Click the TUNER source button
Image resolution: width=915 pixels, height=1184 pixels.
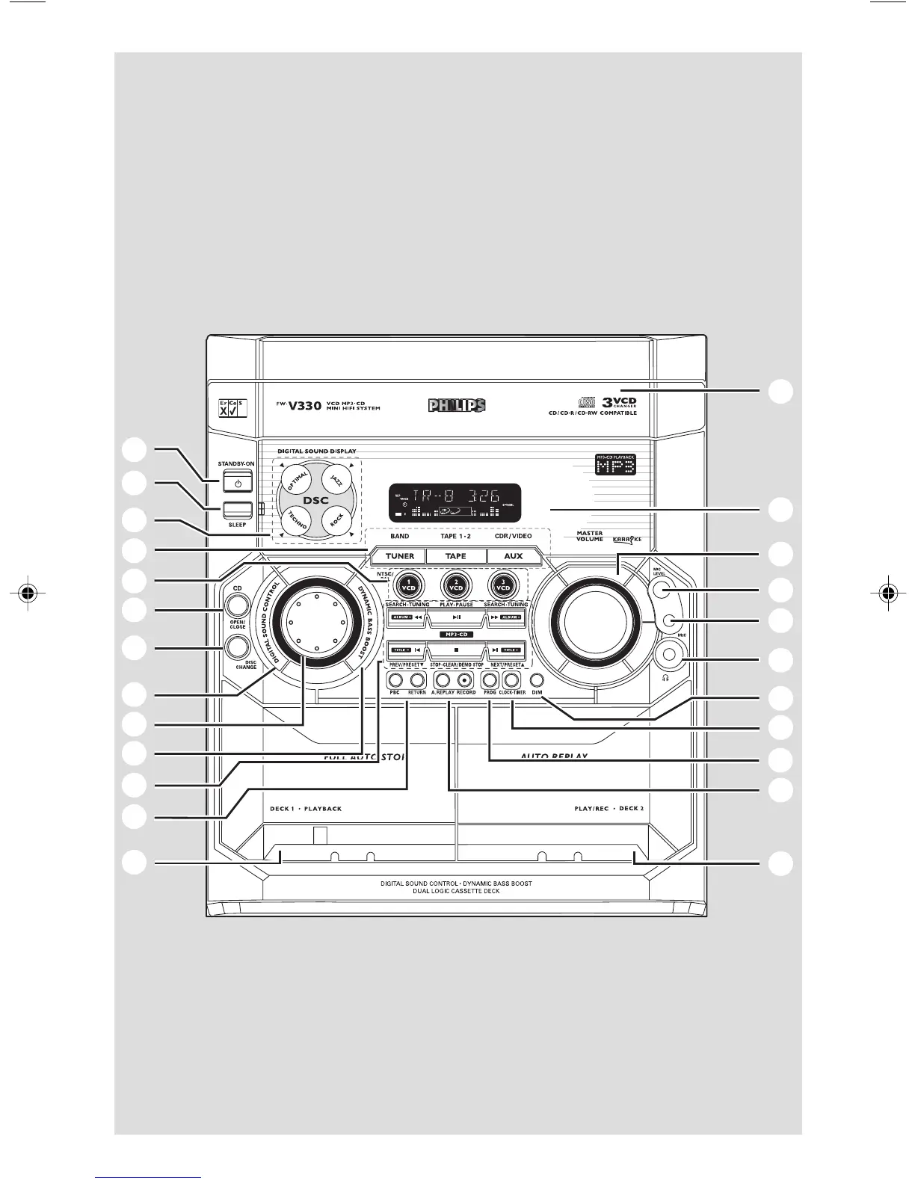point(399,556)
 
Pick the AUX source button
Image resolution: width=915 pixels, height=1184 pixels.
point(514,556)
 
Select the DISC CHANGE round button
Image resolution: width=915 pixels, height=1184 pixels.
point(237,647)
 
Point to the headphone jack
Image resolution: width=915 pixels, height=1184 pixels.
point(668,656)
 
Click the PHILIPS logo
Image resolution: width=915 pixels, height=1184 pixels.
point(457,405)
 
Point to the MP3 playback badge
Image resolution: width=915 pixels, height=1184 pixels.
point(615,465)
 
